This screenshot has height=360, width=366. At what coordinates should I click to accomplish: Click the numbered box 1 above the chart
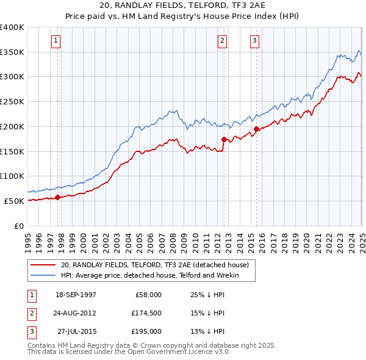[x=56, y=41]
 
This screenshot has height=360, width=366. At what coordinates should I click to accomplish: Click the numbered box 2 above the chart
[x=222, y=41]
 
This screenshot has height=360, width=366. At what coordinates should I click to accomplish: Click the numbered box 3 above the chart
[x=254, y=41]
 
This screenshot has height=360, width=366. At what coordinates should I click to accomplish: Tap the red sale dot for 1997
[x=58, y=197]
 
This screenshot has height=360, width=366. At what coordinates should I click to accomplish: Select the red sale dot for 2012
[x=224, y=139]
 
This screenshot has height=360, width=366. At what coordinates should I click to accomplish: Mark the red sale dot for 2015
[x=257, y=129]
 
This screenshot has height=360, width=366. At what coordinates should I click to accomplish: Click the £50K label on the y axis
[x=14, y=201]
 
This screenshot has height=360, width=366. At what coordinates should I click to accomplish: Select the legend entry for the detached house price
[x=155, y=265]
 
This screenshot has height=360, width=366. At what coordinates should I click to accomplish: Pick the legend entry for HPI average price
[x=149, y=276]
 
